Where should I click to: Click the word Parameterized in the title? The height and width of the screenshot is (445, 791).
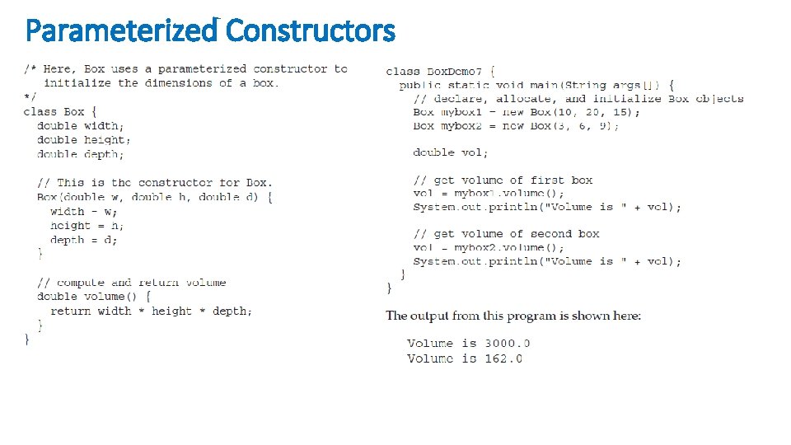(x=121, y=31)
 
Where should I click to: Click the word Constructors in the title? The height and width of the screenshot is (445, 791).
(x=311, y=31)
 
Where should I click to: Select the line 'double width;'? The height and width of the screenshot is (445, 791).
(x=81, y=126)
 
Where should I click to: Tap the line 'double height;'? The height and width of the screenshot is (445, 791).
(x=84, y=140)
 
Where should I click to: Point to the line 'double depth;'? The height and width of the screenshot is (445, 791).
(x=81, y=154)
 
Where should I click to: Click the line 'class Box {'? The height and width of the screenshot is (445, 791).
(x=61, y=111)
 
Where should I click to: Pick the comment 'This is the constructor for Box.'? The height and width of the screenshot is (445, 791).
(x=154, y=183)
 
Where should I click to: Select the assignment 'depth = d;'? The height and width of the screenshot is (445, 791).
(x=84, y=240)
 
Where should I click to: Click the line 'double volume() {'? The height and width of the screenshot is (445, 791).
(x=94, y=297)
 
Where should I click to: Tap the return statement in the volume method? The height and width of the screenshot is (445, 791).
(x=152, y=311)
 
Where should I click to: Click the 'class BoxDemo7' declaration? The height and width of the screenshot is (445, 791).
(x=440, y=72)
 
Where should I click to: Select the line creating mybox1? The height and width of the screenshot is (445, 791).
(x=526, y=112)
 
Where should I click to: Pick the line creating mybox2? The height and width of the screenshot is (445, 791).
(x=516, y=126)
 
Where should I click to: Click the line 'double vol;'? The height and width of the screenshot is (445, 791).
(x=451, y=152)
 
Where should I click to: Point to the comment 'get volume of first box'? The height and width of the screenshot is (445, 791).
(x=503, y=180)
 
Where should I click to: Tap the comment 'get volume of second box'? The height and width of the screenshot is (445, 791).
(x=506, y=234)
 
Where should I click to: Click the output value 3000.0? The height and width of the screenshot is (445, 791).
(x=507, y=344)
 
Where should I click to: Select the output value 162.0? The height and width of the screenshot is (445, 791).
(x=503, y=358)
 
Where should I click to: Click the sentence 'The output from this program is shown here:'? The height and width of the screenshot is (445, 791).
(x=513, y=316)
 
